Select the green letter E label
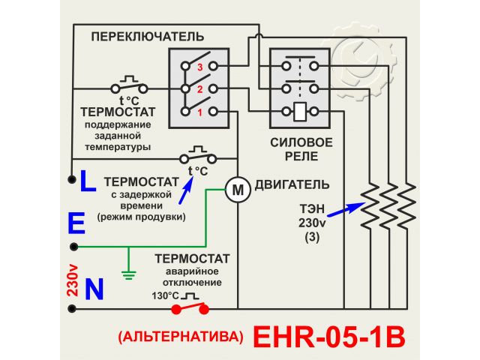pos(76,223)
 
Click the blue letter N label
pos(94,290)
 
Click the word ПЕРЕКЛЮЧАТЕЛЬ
pos(147,36)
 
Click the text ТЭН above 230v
pos(311,210)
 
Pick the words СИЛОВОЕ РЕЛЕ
pos(300,149)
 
